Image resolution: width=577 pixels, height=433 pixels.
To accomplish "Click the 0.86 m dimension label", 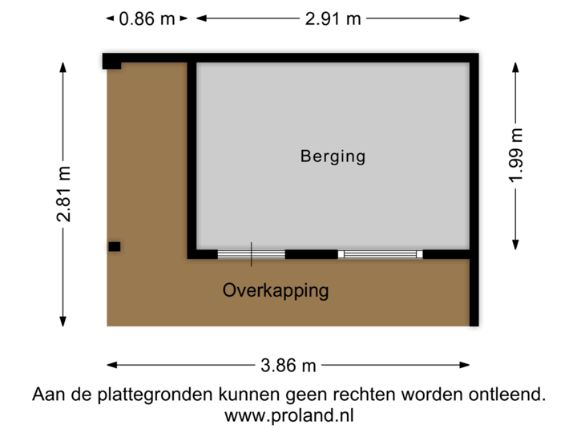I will tap(147, 18).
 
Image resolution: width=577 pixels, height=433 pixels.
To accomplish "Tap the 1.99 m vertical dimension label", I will tap(516, 156).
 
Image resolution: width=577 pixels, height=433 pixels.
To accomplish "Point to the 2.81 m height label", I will tap(63, 195).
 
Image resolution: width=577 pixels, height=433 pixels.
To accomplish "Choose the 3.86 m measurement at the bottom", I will tap(288, 365).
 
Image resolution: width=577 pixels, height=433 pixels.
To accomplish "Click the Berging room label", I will tap(333, 156).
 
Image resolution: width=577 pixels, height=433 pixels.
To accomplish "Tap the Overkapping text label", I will tap(276, 290).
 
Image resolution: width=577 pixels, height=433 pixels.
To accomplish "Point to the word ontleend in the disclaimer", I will tap(512, 395).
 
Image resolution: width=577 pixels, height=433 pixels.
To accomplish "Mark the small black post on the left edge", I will tap(115, 247).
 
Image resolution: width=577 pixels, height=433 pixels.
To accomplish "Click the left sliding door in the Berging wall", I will tap(251, 254).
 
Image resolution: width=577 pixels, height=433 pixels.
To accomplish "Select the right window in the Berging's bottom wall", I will tap(380, 254).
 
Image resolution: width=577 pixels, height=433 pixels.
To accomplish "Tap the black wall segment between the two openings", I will tap(311, 254).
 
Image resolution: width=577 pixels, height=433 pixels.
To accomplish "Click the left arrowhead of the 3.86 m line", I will tap(110, 365).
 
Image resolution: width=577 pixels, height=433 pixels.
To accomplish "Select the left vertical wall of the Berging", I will tap(192, 156).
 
